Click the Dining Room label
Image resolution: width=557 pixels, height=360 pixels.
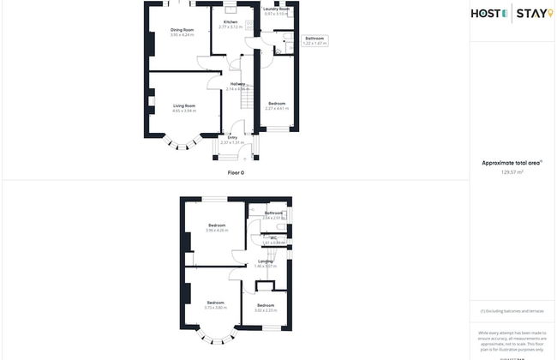[x=182, y=30]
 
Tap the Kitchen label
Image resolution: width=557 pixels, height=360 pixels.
[x=231, y=21]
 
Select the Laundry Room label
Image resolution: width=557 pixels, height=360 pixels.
[x=276, y=9]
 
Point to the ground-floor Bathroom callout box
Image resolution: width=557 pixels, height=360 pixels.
[x=314, y=39]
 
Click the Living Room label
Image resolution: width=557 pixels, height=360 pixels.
[x=183, y=106]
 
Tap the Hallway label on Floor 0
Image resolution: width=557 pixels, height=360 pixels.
[x=237, y=84]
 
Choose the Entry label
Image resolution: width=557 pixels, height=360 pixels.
[x=232, y=137]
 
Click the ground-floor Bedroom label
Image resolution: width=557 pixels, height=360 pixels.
[x=275, y=104]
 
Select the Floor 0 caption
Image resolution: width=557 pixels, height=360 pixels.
[x=236, y=172]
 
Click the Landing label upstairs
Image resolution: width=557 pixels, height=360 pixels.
[x=265, y=261]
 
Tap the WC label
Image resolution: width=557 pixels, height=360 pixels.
[x=273, y=237]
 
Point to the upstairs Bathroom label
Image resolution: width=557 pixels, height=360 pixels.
[x=273, y=213]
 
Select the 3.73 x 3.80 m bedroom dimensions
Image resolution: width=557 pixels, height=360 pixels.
[x=215, y=307]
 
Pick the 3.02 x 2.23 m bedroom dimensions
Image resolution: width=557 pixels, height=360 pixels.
[x=266, y=309]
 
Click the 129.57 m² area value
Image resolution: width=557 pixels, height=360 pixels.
[x=512, y=171]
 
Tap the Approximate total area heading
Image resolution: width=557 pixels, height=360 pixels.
[x=512, y=162]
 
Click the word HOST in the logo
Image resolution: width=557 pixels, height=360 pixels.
[x=488, y=13]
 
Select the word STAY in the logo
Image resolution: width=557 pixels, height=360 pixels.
[x=533, y=13]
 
